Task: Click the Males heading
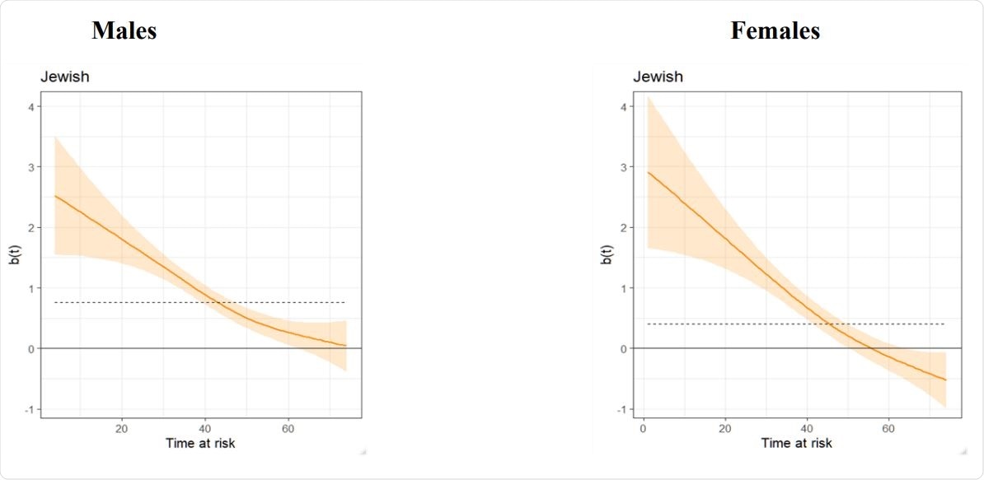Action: click(x=124, y=31)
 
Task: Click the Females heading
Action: click(x=775, y=31)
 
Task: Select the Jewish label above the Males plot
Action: click(x=65, y=77)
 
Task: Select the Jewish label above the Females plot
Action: click(x=658, y=77)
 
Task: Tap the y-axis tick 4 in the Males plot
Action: click(x=30, y=106)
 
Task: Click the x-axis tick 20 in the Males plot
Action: click(x=121, y=428)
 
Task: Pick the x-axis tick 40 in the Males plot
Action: click(x=205, y=428)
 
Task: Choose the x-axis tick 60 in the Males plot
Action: click(x=288, y=428)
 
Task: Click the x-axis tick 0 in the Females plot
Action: click(x=643, y=428)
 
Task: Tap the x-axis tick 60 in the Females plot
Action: click(x=888, y=428)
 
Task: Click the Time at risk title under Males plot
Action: click(x=200, y=444)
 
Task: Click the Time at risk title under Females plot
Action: click(x=796, y=444)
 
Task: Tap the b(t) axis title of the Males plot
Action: click(x=14, y=256)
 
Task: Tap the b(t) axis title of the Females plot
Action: click(x=607, y=256)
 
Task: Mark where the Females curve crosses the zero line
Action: click(x=870, y=348)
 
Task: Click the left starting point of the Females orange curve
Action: click(x=648, y=172)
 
